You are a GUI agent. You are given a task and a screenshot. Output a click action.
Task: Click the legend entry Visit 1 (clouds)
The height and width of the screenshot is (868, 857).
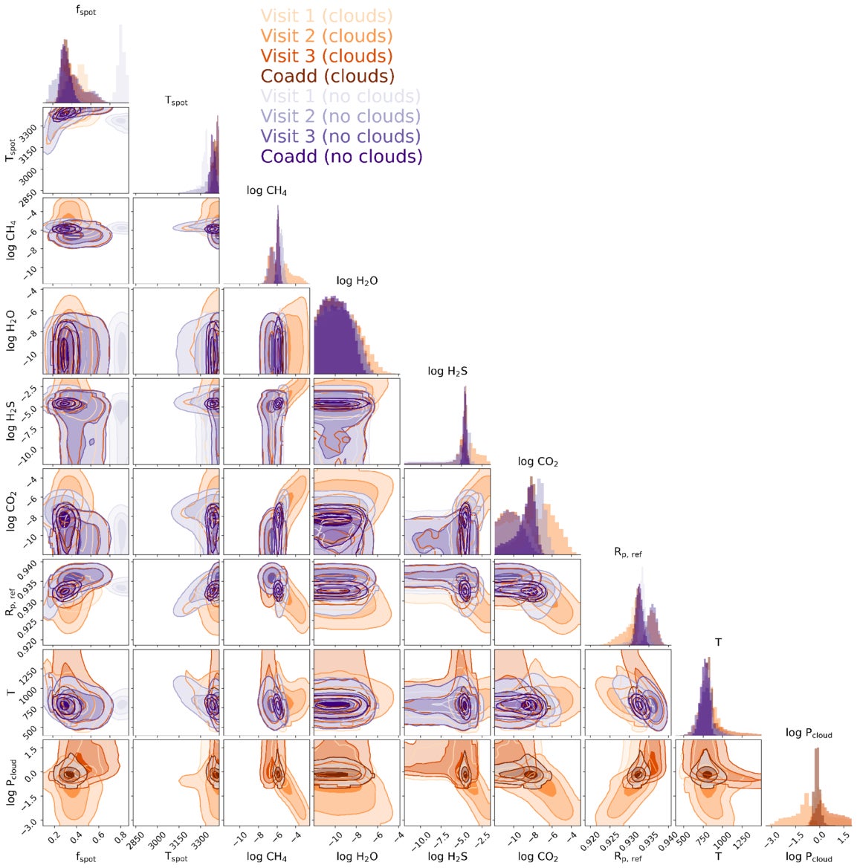pos(326,16)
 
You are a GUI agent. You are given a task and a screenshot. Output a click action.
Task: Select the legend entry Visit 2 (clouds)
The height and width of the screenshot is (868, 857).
pos(326,36)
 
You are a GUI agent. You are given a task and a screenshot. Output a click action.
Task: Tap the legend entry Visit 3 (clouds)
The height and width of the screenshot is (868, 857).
pos(326,56)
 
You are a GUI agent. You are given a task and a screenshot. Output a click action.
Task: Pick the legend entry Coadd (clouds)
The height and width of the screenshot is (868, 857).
pos(327,76)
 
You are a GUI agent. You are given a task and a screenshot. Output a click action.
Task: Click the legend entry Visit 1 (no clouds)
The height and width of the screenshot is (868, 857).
pos(340,96)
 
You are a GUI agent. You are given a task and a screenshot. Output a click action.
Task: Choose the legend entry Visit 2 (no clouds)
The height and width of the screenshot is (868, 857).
pos(340,116)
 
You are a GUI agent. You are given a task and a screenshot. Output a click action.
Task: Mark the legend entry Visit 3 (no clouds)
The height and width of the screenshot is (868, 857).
pos(340,136)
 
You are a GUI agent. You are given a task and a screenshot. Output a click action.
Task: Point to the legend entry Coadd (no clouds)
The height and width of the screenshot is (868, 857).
pos(341,156)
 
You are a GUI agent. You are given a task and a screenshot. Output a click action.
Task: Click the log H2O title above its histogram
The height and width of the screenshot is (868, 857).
pos(357,281)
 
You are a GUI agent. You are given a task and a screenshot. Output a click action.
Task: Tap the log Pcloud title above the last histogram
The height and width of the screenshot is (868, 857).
pos(809,733)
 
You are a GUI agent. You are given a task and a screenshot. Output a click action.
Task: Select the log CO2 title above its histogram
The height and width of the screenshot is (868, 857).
pos(537,462)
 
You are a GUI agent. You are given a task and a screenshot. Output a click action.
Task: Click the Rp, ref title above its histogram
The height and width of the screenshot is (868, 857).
pos(628,552)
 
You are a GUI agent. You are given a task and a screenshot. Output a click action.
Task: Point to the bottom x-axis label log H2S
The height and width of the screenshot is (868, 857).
pos(447,857)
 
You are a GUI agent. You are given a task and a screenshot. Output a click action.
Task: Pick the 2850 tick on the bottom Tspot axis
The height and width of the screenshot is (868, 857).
pos(141,842)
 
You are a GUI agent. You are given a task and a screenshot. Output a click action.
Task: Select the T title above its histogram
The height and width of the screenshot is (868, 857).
pos(718,642)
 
